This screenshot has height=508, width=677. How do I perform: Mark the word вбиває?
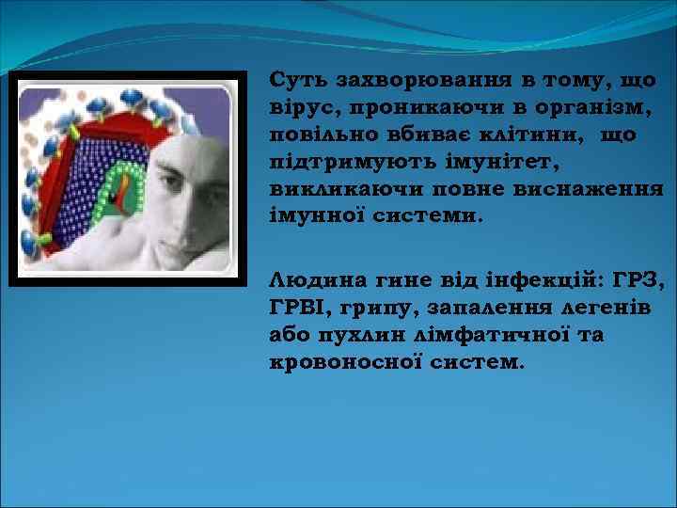point(419,135)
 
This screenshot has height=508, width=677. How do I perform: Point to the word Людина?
point(307,280)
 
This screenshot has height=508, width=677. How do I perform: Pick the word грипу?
point(370,308)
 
